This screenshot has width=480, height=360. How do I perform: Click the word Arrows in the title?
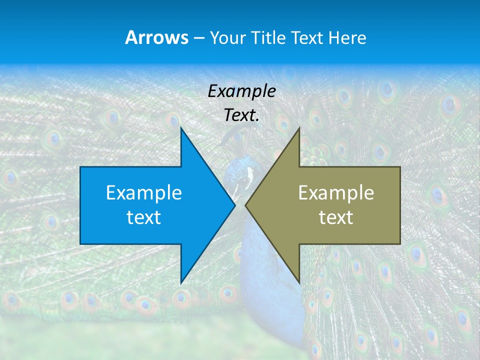156,37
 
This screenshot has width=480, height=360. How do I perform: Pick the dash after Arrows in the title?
198,38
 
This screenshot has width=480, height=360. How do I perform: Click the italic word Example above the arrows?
241,91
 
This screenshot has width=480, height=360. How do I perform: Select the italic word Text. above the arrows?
241,115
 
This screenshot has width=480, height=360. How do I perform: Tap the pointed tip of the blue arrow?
234,205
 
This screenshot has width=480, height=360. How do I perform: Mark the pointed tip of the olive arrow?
245,205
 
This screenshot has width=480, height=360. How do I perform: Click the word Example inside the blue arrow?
144,193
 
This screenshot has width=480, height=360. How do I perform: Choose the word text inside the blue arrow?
144,217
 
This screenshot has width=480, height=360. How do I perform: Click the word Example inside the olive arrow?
336,193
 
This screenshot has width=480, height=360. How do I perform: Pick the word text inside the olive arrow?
336,217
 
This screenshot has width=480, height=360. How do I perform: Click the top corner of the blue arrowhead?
181,127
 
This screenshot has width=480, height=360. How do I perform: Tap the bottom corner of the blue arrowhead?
181,283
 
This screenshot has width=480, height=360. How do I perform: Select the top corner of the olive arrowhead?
299,128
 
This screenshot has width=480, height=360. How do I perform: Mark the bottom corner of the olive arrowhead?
299,283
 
